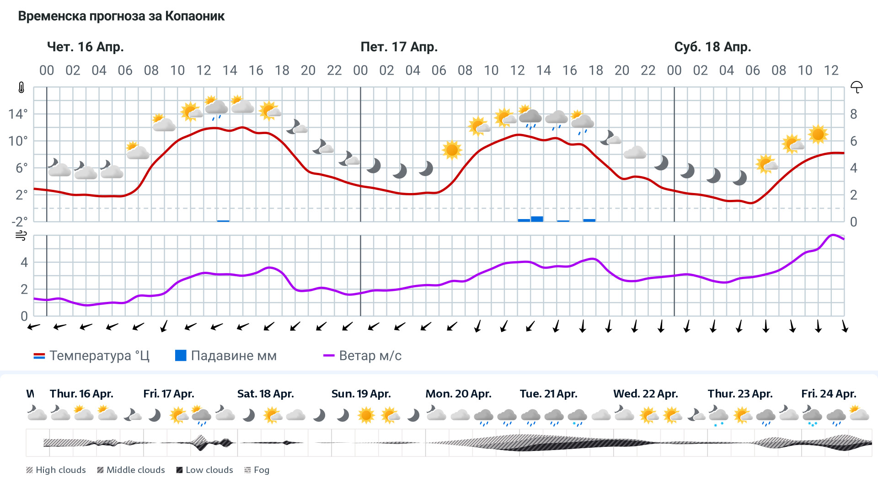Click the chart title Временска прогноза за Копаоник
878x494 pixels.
pyautogui.click(x=121, y=16)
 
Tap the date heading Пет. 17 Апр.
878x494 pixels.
pyautogui.click(x=399, y=47)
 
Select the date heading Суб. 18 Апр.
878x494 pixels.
pyautogui.click(x=712, y=47)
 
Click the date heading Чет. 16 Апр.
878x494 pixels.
pyautogui.click(x=86, y=47)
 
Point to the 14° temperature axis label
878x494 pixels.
pyautogui.click(x=18, y=114)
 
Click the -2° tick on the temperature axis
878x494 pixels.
pyautogui.click(x=19, y=222)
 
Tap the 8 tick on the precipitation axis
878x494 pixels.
pyautogui.click(x=853, y=114)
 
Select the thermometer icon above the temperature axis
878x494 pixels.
pyautogui.click(x=21, y=87)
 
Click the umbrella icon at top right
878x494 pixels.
pyautogui.click(x=856, y=87)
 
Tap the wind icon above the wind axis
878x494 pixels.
pyautogui.click(x=21, y=236)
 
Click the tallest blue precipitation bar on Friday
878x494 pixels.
pyautogui.click(x=537, y=219)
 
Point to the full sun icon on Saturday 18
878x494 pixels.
pyautogui.click(x=818, y=134)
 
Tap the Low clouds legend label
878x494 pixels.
pyautogui.click(x=209, y=470)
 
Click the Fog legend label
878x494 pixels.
pyautogui.click(x=261, y=470)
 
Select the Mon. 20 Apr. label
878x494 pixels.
pyautogui.click(x=458, y=394)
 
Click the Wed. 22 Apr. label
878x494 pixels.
pyautogui.click(x=645, y=394)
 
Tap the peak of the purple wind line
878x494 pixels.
pyautogui.click(x=833, y=235)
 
